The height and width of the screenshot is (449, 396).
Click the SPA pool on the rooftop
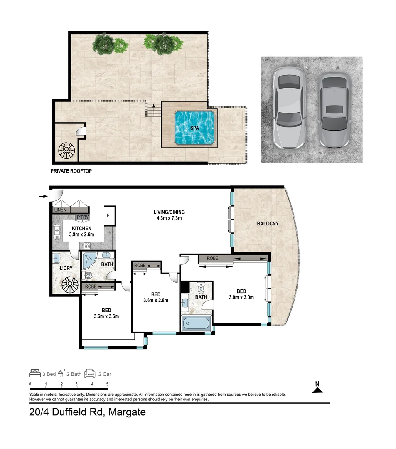click(x=195, y=128)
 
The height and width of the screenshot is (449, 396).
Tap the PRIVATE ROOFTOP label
click(x=71, y=171)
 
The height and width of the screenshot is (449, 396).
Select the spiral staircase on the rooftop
click(x=66, y=150)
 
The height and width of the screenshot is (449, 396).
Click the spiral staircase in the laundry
click(x=69, y=286)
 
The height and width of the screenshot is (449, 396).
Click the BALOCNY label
click(x=267, y=223)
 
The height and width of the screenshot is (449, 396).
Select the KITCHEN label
click(x=81, y=228)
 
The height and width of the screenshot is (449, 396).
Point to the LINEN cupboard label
click(x=60, y=210)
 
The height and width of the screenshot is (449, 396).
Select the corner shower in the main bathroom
click(x=89, y=262)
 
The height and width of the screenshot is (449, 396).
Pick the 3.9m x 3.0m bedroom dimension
click(x=241, y=297)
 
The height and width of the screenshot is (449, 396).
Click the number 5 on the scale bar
click(x=108, y=384)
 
